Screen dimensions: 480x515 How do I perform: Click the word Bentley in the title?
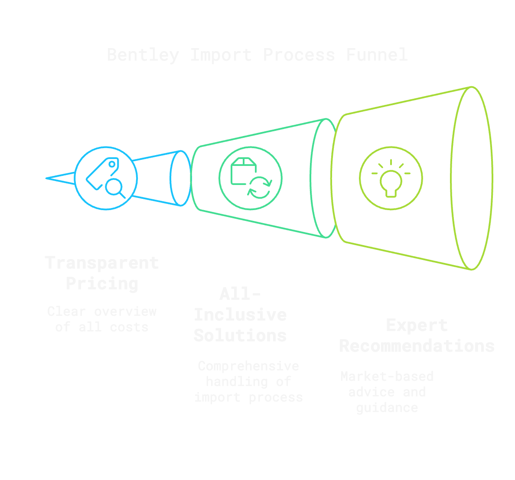pyautogui.click(x=143, y=55)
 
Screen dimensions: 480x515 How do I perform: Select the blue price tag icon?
pyautogui.click(x=101, y=172)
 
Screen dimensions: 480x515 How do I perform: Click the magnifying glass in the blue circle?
pyautogui.click(x=115, y=188)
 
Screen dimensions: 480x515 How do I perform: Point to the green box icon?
pyautogui.click(x=243, y=171)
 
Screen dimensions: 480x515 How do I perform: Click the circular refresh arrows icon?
pyautogui.click(x=260, y=187)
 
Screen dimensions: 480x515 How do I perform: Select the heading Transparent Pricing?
pyautogui.click(x=102, y=273)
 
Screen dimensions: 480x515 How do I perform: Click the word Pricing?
pyautogui.click(x=102, y=284)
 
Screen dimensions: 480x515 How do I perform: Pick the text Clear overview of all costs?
pyautogui.click(x=102, y=319)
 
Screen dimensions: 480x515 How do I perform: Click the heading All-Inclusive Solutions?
pyautogui.click(x=240, y=315)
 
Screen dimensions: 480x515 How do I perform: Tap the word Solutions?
pyautogui.click(x=240, y=336)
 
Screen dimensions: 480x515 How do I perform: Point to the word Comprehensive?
pyautogui.click(x=248, y=366)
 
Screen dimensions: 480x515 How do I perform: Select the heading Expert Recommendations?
pyautogui.click(x=417, y=336)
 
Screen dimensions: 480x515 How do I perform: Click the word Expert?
pyautogui.click(x=417, y=325)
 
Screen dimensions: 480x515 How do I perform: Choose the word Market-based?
pyautogui.click(x=387, y=376)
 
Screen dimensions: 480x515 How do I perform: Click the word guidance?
pyautogui.click(x=387, y=408)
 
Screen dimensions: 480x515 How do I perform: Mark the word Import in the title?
pyautogui.click(x=221, y=55)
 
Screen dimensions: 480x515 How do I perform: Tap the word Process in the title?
pyautogui.click(x=299, y=55)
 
